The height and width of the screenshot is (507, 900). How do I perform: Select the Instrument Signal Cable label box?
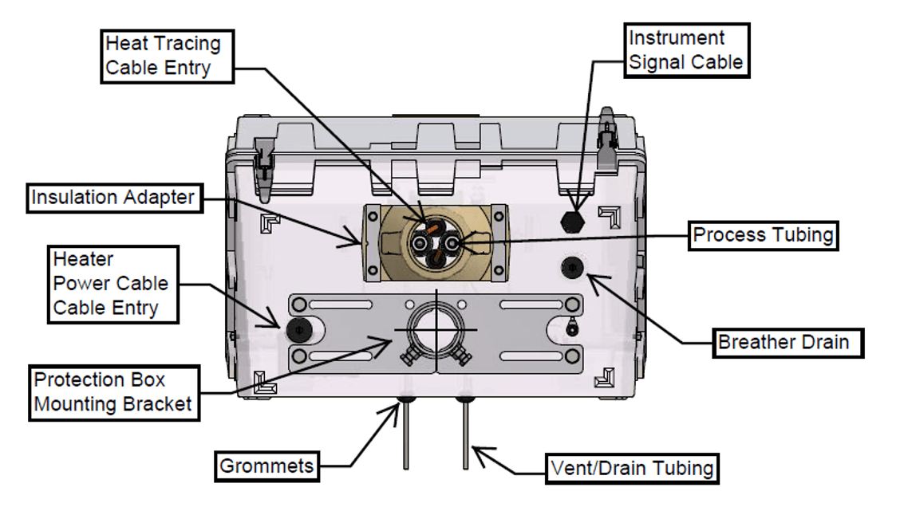(685, 49)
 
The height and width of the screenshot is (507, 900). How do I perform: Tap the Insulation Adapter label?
(112, 197)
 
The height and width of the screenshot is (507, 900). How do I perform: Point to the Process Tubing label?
(763, 235)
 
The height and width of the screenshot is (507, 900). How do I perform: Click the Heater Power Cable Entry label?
(111, 283)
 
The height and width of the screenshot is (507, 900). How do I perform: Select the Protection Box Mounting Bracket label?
(113, 391)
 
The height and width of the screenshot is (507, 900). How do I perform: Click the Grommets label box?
(266, 466)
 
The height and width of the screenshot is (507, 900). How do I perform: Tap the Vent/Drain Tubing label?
(631, 467)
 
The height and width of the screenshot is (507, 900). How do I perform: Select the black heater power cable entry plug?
(298, 326)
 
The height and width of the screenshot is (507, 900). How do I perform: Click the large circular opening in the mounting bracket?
(435, 328)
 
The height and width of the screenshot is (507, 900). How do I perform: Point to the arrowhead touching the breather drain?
(594, 277)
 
